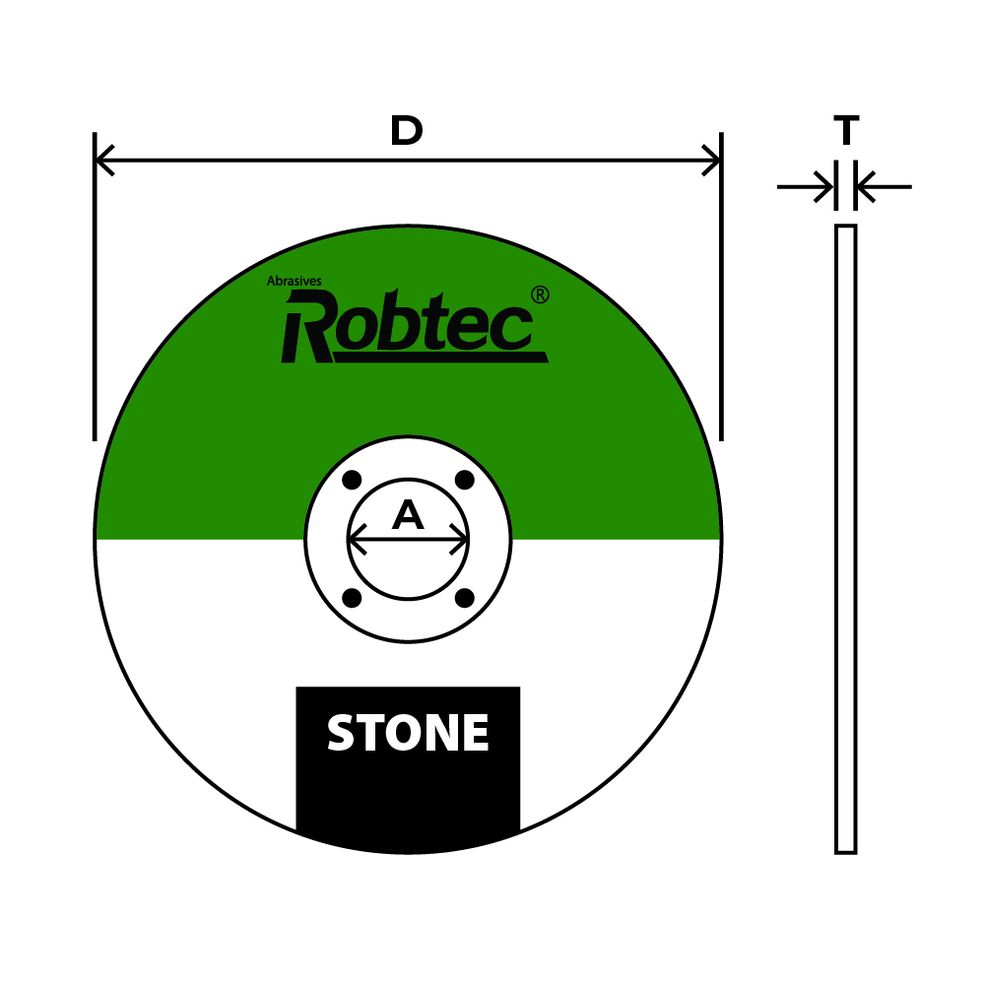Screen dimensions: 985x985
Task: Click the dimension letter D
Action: pos(407,130)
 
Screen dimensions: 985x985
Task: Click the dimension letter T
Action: pos(846,130)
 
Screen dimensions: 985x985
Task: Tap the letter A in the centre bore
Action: pos(408,515)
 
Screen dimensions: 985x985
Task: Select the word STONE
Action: pos(408,733)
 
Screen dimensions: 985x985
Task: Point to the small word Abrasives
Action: pos(294,281)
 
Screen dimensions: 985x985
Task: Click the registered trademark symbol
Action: pos(540,295)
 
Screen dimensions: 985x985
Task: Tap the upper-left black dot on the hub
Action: pos(352,481)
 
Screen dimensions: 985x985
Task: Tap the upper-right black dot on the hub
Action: pos(464,481)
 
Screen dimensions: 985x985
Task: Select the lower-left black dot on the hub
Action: pos(352,598)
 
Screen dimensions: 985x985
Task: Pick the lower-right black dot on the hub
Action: pos(464,598)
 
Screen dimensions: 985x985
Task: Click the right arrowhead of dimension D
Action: pos(710,161)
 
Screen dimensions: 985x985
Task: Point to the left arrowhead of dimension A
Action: pos(358,539)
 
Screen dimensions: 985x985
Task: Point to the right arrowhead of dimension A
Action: pos(459,539)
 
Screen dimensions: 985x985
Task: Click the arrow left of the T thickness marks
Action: pos(806,186)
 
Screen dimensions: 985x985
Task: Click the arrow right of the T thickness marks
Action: pos(884,186)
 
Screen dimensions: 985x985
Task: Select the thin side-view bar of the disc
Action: pos(845,539)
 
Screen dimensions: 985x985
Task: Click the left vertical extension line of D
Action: pos(95,287)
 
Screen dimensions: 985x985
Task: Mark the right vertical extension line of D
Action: pos(721,287)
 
